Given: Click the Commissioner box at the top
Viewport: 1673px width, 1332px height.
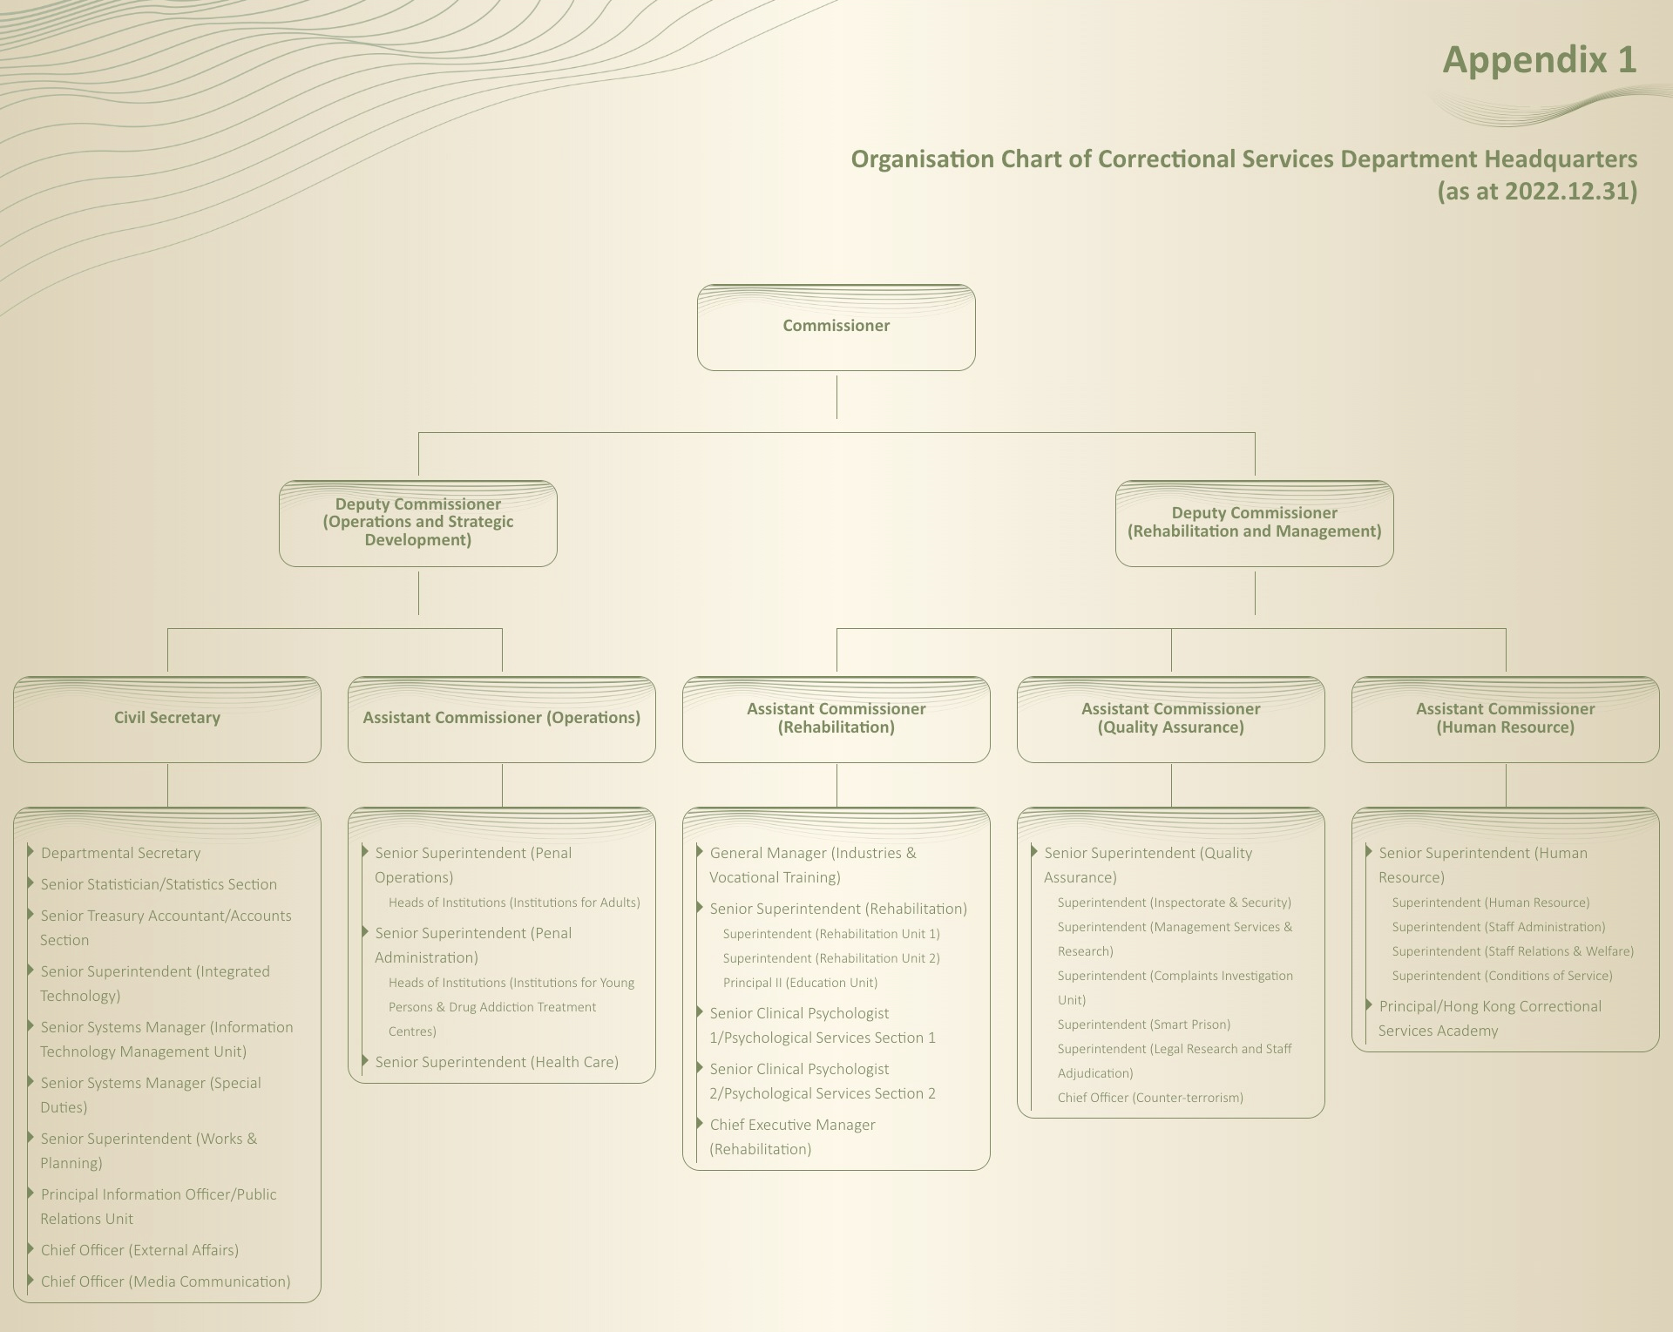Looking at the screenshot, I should [x=836, y=327].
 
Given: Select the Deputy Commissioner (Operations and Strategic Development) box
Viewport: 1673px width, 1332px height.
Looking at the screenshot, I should [x=417, y=523].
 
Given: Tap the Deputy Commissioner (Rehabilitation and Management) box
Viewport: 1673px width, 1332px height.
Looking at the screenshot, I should [x=1254, y=523].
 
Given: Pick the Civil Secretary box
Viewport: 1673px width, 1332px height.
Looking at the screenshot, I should [x=166, y=719].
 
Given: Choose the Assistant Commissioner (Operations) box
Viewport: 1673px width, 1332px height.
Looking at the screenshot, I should [x=501, y=719].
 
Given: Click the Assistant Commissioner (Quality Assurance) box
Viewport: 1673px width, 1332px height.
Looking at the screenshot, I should [x=1170, y=719].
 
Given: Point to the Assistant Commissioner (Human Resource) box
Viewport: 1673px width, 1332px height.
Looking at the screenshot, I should [x=1505, y=719].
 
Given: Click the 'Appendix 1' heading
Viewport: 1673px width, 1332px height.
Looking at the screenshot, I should [x=1539, y=60].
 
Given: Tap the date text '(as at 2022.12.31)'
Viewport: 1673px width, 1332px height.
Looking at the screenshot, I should [x=1536, y=191].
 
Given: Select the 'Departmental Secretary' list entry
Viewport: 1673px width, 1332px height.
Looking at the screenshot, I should [x=120, y=854].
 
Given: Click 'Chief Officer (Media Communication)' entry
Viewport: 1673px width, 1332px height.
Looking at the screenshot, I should [x=166, y=1282].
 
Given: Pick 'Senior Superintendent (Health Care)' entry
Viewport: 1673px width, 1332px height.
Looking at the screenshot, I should [x=497, y=1063].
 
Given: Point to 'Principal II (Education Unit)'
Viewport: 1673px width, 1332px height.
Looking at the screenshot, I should [x=800, y=983].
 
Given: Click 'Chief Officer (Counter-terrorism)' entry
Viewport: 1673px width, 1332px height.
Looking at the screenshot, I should [x=1150, y=1098].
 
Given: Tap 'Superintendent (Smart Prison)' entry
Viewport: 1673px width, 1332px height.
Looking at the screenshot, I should [x=1144, y=1024].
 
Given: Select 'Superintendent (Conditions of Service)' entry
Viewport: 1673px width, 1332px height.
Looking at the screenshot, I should [x=1502, y=976].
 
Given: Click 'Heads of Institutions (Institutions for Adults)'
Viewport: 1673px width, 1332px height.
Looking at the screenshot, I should [x=514, y=903].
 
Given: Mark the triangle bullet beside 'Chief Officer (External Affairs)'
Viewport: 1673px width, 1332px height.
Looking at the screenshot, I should [x=30, y=1249].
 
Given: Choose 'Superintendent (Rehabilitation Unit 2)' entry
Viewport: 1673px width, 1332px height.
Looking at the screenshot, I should [x=831, y=958].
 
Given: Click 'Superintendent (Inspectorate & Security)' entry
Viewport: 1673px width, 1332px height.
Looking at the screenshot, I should [x=1174, y=903].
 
